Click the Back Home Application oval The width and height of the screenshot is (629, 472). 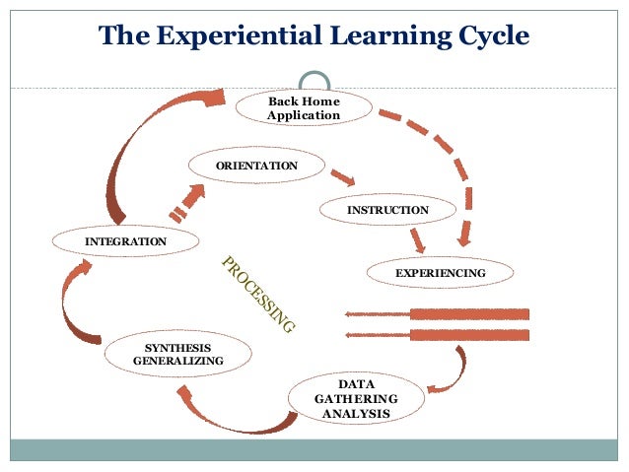[x=303, y=108]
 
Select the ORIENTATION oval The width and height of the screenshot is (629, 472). [x=256, y=166]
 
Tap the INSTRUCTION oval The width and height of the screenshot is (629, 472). [x=387, y=210]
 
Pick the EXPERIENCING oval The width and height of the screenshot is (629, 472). [x=440, y=272]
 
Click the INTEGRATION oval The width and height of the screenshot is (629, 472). [x=125, y=241]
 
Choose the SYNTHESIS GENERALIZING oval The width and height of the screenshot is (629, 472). [x=177, y=355]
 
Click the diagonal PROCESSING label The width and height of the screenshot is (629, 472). [x=258, y=293]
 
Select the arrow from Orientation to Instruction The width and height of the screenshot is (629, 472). [x=341, y=178]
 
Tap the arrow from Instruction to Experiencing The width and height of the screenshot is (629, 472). [x=418, y=239]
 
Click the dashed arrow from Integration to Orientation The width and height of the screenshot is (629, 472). [x=187, y=202]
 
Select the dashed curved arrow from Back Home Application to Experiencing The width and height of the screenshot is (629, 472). [x=444, y=158]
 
